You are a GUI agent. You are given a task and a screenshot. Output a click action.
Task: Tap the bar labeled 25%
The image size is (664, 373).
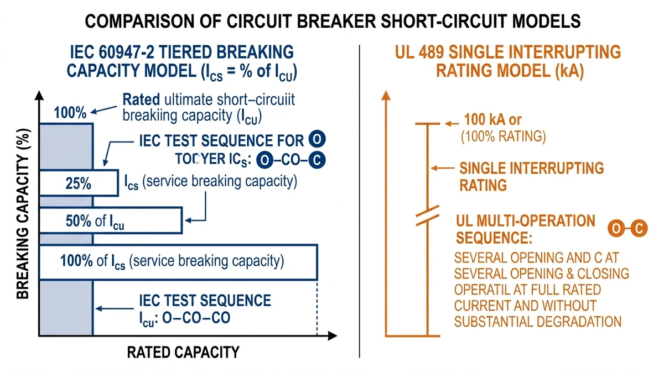pyautogui.click(x=78, y=183)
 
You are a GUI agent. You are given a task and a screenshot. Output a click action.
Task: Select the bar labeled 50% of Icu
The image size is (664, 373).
pyautogui.click(x=110, y=220)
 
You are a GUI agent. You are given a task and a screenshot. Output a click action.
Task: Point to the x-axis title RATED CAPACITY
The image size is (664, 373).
pyautogui.click(x=183, y=352)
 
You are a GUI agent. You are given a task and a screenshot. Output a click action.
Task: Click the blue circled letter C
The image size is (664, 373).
pyautogui.click(x=316, y=160)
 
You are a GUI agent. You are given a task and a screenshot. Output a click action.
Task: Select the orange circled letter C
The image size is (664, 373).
pyautogui.click(x=639, y=228)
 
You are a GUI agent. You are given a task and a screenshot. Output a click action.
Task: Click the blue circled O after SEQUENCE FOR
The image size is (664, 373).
pyautogui.click(x=316, y=138)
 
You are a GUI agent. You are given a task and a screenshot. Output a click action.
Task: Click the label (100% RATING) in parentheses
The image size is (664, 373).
pyautogui.click(x=503, y=136)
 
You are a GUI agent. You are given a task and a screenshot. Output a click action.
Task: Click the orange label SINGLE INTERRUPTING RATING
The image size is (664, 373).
pyautogui.click(x=531, y=176)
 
